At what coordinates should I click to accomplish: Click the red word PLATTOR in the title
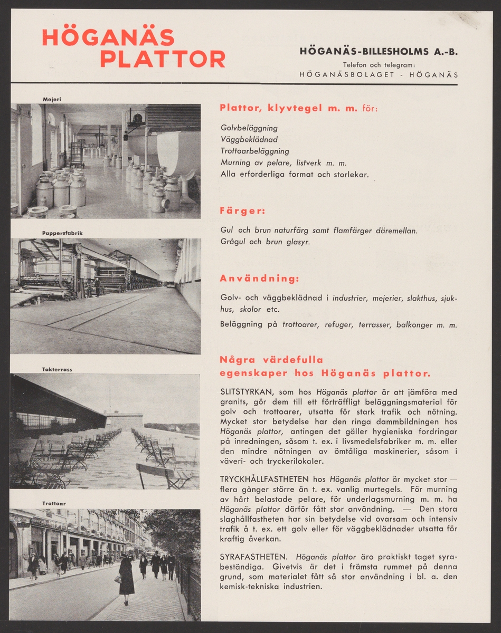click(162, 59)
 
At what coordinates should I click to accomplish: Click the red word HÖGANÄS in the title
click(108, 38)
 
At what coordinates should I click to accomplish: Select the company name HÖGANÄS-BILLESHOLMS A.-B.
click(378, 52)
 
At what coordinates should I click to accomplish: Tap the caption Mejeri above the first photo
click(52, 99)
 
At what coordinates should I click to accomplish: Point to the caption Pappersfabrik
click(62, 233)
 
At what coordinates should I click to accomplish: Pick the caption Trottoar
click(54, 504)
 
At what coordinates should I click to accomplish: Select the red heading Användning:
click(259, 278)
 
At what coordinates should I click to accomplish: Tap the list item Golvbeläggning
click(249, 128)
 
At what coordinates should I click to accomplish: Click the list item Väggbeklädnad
click(249, 139)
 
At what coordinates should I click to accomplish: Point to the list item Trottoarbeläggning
click(254, 151)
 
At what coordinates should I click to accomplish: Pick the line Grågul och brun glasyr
click(265, 242)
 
